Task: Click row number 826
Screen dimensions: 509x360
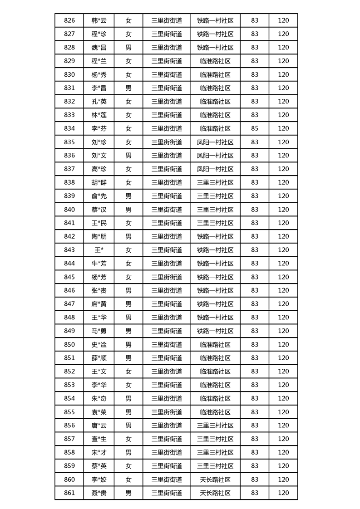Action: [x=69, y=20]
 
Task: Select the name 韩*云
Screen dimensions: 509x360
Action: [x=99, y=20]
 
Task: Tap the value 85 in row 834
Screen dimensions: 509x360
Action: [x=254, y=128]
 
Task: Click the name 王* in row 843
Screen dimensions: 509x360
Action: [x=99, y=250]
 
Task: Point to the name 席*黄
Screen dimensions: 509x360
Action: [x=99, y=304]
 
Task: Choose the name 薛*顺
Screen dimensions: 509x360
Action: [x=99, y=358]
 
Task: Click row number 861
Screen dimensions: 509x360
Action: [x=69, y=493]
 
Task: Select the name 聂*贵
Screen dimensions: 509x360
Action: [x=99, y=493]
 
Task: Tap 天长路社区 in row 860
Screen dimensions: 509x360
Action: [x=215, y=480]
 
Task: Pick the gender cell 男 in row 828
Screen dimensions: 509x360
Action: [x=128, y=47]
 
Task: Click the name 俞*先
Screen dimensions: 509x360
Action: [x=99, y=196]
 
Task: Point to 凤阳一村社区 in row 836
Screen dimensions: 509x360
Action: [x=215, y=155]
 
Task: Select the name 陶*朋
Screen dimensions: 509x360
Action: [x=99, y=236]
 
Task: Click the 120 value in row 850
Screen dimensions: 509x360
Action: [x=283, y=344]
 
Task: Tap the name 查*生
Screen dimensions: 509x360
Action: [x=99, y=439]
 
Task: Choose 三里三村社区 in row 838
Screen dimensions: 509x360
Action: [x=215, y=182]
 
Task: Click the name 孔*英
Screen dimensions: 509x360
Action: [x=99, y=101]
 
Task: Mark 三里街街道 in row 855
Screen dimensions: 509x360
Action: [x=167, y=412]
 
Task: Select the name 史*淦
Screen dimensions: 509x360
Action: [x=99, y=344]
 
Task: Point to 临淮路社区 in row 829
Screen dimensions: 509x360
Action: [x=215, y=61]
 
